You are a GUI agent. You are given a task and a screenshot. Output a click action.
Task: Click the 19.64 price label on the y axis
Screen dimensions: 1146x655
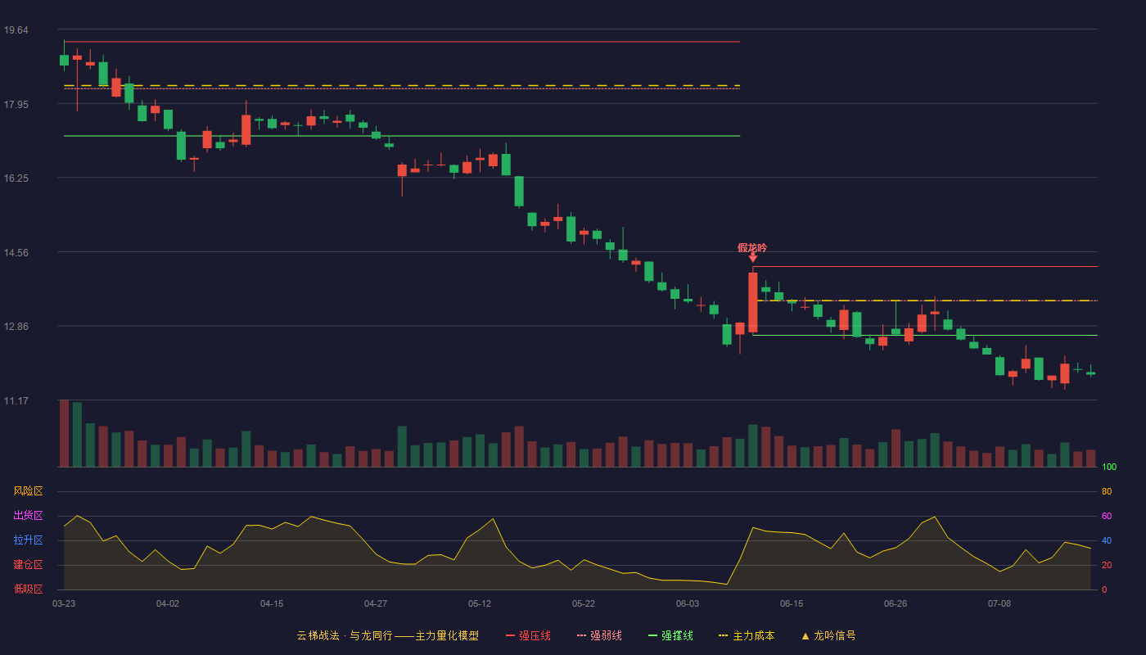click(x=16, y=30)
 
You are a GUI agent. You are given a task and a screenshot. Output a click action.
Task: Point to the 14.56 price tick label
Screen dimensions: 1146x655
click(x=16, y=253)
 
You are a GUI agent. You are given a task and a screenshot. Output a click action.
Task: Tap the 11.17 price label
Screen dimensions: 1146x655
click(x=16, y=400)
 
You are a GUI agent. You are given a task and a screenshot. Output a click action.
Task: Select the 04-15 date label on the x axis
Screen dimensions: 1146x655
click(x=272, y=604)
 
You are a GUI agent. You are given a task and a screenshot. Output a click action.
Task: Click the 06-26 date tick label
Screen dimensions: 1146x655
click(x=896, y=604)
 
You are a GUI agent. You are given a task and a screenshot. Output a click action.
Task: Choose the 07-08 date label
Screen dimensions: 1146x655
click(x=999, y=604)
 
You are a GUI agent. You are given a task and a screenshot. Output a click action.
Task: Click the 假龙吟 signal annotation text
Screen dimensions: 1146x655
click(x=752, y=248)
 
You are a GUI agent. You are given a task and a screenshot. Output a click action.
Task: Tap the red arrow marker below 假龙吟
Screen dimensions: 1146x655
click(x=752, y=258)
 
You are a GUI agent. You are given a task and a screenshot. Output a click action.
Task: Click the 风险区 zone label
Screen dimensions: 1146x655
click(x=28, y=491)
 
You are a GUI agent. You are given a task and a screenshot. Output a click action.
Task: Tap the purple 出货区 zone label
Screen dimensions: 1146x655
click(x=28, y=515)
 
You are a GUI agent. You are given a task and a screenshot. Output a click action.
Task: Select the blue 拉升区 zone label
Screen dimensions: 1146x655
click(x=28, y=540)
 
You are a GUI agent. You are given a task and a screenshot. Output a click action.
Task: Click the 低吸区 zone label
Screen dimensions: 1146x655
click(x=28, y=589)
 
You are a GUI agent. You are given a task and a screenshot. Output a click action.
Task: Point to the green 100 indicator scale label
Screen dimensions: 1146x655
click(x=1109, y=467)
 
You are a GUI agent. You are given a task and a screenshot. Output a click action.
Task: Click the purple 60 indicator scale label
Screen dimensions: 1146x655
click(x=1107, y=516)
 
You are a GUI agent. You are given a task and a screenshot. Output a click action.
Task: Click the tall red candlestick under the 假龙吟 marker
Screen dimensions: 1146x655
click(x=752, y=302)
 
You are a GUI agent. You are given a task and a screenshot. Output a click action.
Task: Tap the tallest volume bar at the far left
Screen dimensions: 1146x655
click(x=64, y=433)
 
